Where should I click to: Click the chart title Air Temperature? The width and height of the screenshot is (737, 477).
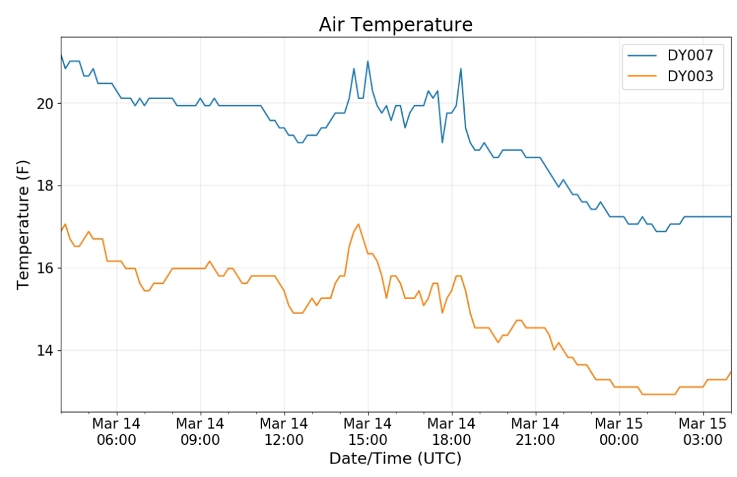click(395, 25)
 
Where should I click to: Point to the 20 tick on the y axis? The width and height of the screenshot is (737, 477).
click(45, 104)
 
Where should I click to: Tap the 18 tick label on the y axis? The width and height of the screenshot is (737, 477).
click(45, 186)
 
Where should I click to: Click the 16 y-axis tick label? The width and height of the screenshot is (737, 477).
click(45, 268)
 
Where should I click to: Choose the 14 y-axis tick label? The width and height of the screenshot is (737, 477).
click(45, 351)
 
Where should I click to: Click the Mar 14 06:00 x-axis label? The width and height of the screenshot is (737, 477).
click(117, 431)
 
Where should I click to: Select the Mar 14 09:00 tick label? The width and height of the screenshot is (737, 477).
click(200, 431)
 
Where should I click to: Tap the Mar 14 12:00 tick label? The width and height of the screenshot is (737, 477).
click(284, 431)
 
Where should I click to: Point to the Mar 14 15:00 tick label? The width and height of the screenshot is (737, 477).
click(368, 431)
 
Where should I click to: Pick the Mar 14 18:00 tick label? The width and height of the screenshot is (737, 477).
click(451, 431)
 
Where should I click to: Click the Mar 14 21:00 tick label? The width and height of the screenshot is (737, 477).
click(535, 431)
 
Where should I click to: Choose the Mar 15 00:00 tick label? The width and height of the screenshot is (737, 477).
click(619, 431)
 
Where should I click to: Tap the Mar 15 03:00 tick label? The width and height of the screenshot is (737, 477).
click(703, 431)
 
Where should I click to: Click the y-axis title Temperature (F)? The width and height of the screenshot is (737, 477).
click(23, 225)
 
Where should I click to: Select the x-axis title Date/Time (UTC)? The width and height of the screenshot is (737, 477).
click(395, 458)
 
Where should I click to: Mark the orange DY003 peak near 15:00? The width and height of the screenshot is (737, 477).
click(359, 224)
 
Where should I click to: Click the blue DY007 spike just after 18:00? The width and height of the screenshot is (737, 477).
click(461, 69)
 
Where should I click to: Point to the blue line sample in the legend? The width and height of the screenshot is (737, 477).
click(642, 55)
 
